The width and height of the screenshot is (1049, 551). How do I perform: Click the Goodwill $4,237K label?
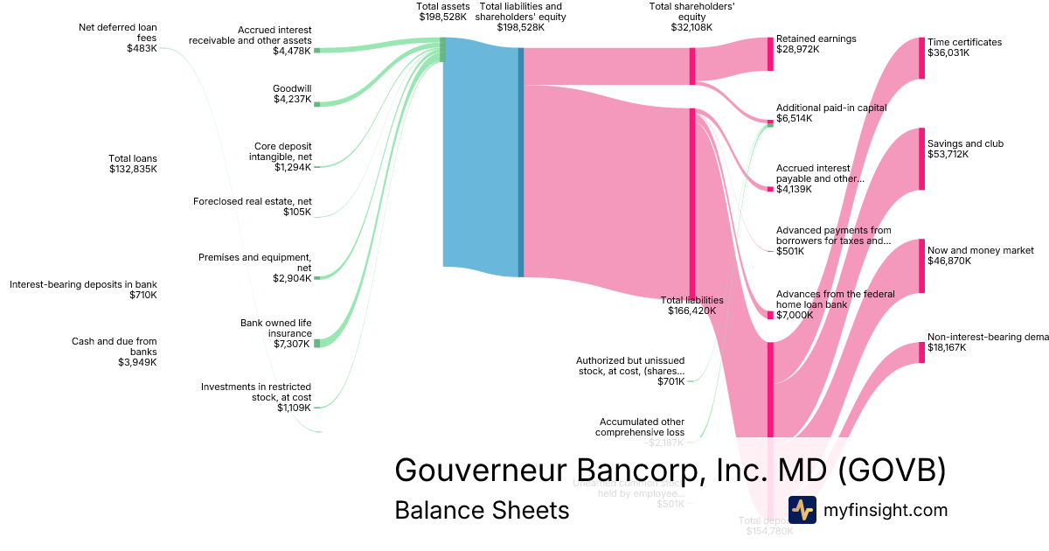pos(292,94)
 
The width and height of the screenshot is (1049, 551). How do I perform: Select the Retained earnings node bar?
pos(770,54)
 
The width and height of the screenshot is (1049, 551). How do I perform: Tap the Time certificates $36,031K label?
pos(964,47)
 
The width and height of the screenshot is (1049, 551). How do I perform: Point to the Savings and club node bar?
pos(921,159)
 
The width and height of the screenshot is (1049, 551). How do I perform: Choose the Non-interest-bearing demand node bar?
pos(921,352)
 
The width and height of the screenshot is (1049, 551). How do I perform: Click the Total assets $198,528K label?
pos(442,11)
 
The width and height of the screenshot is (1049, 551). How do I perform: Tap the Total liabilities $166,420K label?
pos(691,305)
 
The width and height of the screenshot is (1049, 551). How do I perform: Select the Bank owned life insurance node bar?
pos(316,343)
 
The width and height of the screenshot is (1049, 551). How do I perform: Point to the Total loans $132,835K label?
pos(133,164)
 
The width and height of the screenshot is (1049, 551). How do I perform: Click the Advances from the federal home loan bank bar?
pos(770,315)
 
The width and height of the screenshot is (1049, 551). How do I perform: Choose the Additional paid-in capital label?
pos(830,113)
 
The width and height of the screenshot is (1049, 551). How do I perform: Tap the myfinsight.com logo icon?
pos(802,510)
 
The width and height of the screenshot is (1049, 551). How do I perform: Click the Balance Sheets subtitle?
pos(482,510)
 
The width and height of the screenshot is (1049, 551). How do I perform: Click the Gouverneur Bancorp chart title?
pos(670,470)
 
